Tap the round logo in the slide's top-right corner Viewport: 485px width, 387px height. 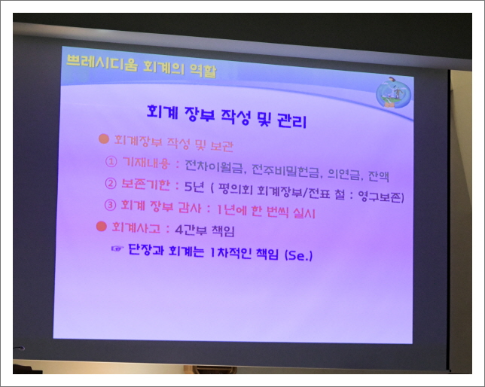tap(393, 93)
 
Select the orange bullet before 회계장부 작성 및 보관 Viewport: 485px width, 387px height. tap(104, 140)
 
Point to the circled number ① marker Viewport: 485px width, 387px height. tap(111, 160)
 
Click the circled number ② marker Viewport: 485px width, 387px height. tap(111, 183)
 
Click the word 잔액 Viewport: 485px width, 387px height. tap(378, 177)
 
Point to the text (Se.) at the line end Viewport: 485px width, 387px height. tap(299, 255)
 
